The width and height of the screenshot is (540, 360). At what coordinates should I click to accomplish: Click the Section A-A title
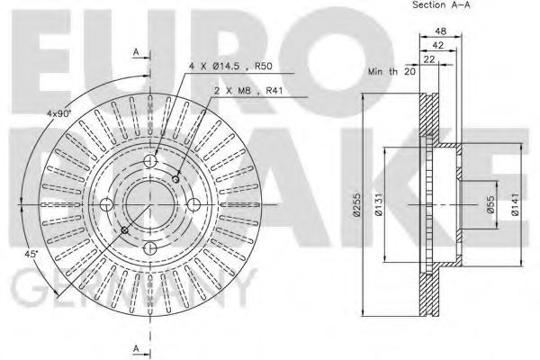441,4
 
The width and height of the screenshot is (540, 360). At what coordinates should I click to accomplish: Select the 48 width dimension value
440,31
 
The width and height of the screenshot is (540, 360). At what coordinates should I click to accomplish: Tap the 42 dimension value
438,45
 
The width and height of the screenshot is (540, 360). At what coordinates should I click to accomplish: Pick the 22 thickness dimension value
429,59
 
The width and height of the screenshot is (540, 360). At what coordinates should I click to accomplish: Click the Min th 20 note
391,72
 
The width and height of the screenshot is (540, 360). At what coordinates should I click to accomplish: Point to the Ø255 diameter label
356,204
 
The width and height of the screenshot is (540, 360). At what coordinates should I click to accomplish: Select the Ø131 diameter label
379,204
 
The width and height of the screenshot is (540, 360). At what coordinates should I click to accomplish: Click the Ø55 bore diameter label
491,204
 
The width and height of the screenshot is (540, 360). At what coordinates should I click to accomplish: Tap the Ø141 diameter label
515,204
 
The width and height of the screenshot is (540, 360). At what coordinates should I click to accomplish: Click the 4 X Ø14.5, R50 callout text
230,66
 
